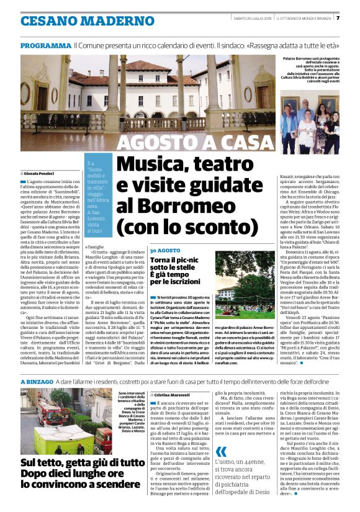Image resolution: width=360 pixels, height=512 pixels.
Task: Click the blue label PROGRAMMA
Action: click(45, 46)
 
